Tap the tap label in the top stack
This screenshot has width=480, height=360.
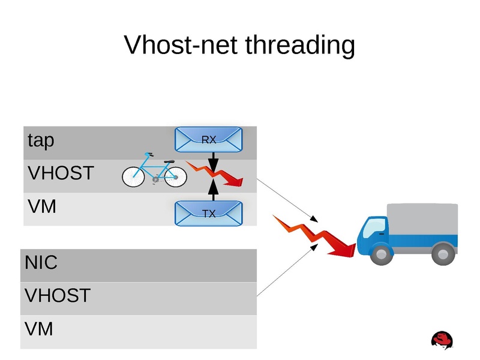41,141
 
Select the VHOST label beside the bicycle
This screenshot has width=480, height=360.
61,173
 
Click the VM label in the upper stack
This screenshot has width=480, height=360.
42,207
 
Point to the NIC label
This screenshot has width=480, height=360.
41,263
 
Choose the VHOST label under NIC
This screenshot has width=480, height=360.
58,296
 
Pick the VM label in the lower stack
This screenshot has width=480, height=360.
39,329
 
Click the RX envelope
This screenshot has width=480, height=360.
208,140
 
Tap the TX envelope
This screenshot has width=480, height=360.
208,213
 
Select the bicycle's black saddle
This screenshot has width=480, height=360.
169,161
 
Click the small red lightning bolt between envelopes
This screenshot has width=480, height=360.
216,172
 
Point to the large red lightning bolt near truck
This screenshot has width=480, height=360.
314,235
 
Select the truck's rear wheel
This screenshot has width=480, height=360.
443,254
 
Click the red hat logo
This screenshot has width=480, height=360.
442,340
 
